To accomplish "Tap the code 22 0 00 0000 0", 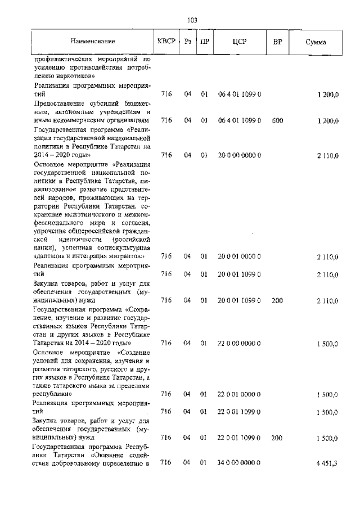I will pos(239,343).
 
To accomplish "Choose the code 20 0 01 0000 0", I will pos(239,257).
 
